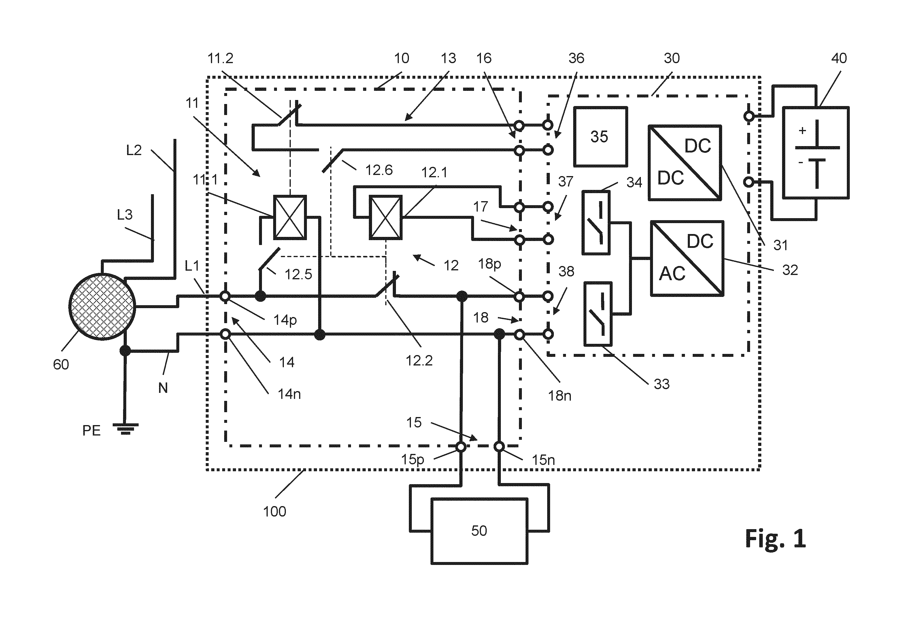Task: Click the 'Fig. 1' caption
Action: [x=776, y=539]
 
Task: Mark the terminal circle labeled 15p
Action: [x=461, y=446]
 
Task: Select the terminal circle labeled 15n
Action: [x=499, y=446]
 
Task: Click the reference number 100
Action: [x=275, y=512]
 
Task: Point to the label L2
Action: [x=134, y=150]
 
